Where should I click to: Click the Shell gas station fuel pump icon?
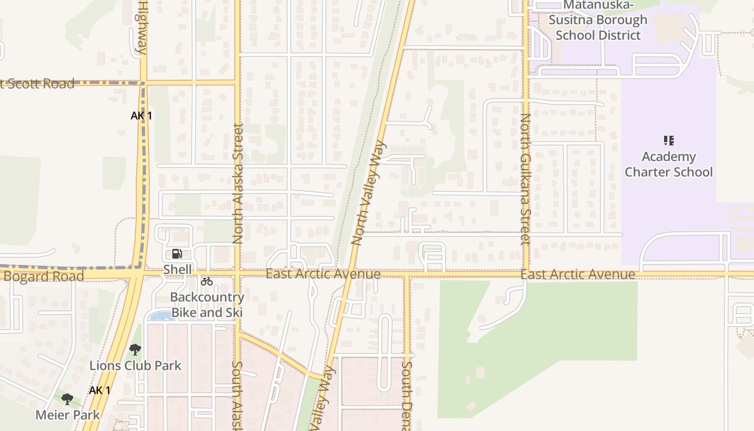176,254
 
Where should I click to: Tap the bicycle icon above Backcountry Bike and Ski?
206,281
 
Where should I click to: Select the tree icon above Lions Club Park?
135,350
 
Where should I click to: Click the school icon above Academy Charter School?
668,141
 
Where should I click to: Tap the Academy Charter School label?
668,164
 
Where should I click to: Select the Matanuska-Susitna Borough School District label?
598,20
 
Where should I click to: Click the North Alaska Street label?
238,183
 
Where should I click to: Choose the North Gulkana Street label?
526,179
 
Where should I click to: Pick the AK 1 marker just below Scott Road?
141,115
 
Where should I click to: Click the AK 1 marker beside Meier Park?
100,390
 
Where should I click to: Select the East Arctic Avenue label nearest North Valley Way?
323,274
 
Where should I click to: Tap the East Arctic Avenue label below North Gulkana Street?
578,275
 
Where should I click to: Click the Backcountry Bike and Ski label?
207,305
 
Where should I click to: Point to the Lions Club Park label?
135,365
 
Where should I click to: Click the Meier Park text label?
68,415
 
